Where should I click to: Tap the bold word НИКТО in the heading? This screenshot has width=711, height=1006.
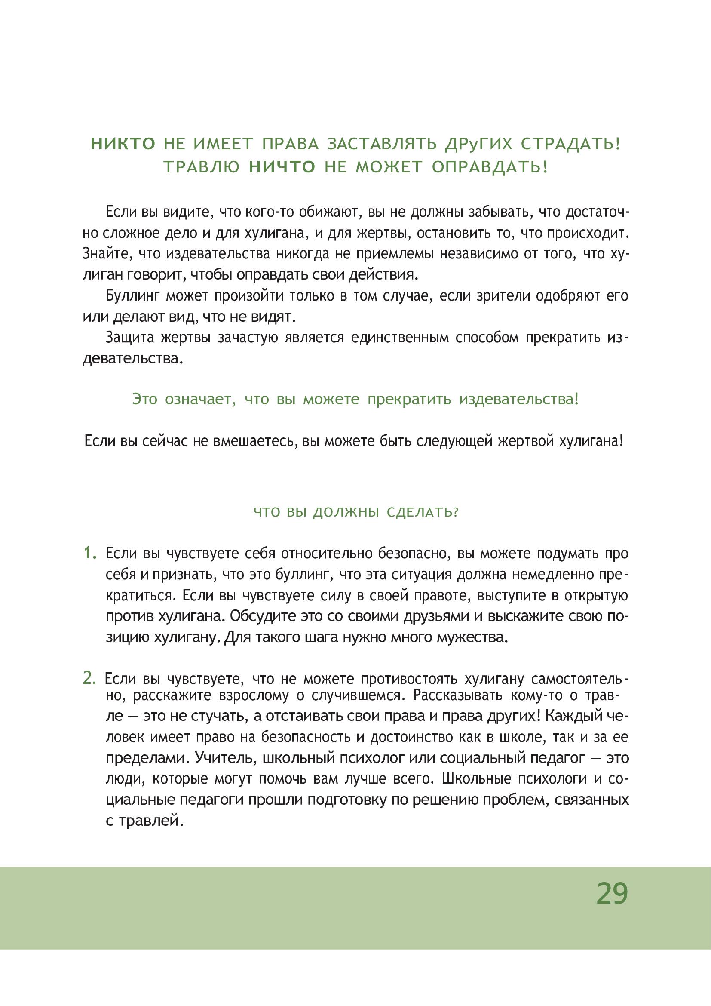pyautogui.click(x=123, y=144)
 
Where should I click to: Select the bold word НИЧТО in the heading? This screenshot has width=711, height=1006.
pyautogui.click(x=282, y=167)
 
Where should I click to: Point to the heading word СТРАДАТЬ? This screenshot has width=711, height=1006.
pyautogui.click(x=570, y=144)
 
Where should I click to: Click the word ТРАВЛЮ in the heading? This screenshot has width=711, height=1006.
pyautogui.click(x=202, y=167)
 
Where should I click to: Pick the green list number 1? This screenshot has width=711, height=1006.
pyautogui.click(x=90, y=554)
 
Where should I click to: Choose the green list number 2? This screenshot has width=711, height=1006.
pyautogui.click(x=89, y=678)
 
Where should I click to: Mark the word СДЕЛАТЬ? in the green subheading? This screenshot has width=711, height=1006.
pyautogui.click(x=422, y=512)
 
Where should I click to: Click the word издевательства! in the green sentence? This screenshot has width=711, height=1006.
pyautogui.click(x=519, y=399)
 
